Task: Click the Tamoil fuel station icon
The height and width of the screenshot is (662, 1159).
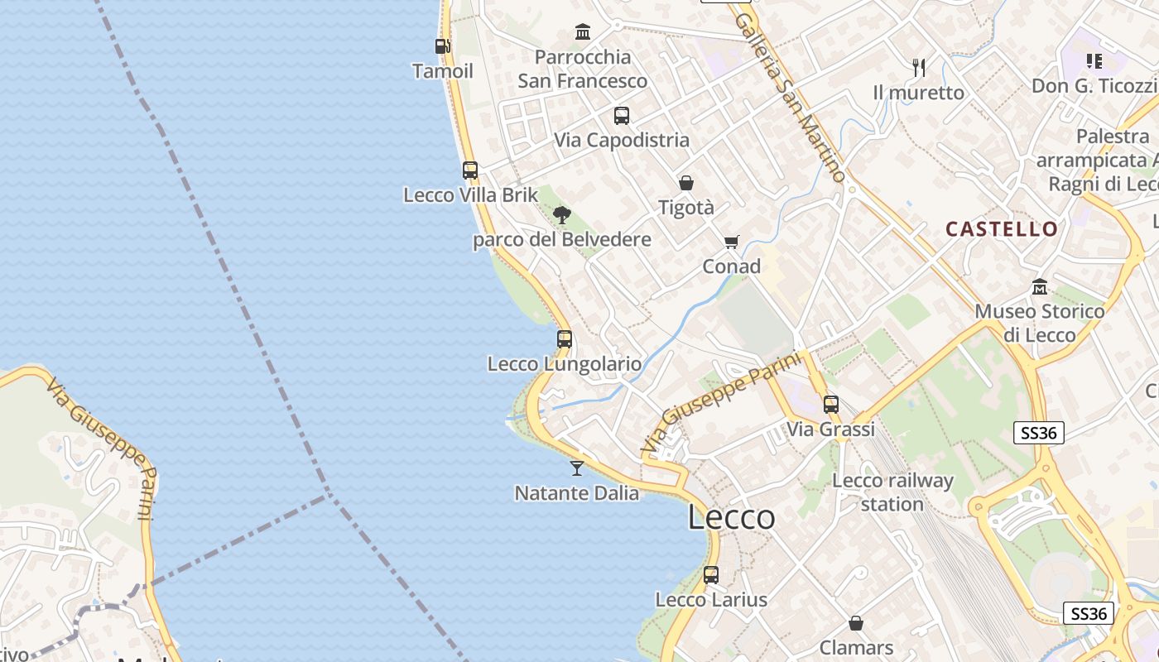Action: coord(442,46)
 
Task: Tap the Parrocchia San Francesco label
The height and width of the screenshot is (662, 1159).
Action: coord(583,69)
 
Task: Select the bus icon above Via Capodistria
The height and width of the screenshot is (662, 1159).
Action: coord(622,116)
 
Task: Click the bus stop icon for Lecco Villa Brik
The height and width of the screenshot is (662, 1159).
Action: coord(470,170)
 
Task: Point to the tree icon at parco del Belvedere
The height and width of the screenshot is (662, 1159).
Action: coord(562,215)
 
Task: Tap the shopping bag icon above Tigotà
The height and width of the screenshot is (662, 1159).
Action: coord(686,183)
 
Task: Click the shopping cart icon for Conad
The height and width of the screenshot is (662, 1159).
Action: coord(731,242)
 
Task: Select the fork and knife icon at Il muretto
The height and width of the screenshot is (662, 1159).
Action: coord(918,67)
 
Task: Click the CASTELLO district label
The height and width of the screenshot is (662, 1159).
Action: coord(1002,229)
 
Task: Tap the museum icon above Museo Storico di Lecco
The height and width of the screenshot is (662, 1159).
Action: coord(1040,286)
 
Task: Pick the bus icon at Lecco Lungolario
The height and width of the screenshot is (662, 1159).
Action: coord(565,338)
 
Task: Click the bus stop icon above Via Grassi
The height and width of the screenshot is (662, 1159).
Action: coord(831,405)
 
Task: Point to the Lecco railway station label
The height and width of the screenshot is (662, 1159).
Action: coord(892,492)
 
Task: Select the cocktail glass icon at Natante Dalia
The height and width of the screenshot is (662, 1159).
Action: coord(577,468)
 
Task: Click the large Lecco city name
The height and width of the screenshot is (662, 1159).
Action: coord(732,517)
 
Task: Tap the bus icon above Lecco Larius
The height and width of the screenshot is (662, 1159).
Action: coord(711,574)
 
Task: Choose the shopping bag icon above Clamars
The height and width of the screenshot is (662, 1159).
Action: coord(856,622)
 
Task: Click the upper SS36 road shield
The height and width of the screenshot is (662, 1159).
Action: coord(1038,432)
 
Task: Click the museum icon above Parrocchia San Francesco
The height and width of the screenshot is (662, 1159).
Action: coord(583,32)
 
